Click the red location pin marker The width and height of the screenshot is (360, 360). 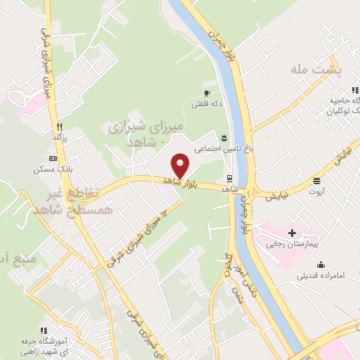[x=181, y=165]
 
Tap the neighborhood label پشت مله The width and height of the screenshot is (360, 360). [x=316, y=71]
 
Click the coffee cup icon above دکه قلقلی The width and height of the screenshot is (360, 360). [x=207, y=93]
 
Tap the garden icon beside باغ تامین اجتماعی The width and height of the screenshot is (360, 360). [x=224, y=136]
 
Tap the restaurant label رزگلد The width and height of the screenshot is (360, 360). [x=59, y=138]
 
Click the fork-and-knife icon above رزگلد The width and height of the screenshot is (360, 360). [x=59, y=127]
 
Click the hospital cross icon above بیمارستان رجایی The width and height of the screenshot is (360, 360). [x=292, y=233]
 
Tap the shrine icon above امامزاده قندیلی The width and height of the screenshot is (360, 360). [x=321, y=265]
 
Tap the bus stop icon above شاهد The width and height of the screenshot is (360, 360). [x=230, y=177]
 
